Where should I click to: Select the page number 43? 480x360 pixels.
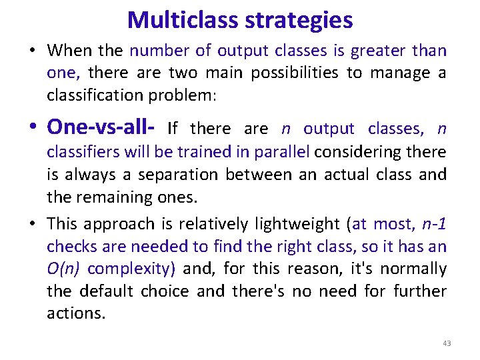click(447, 343)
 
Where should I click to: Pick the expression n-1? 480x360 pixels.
click(434, 224)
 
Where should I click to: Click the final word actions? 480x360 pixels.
click(75, 313)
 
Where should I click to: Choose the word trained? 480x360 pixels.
click(201, 152)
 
